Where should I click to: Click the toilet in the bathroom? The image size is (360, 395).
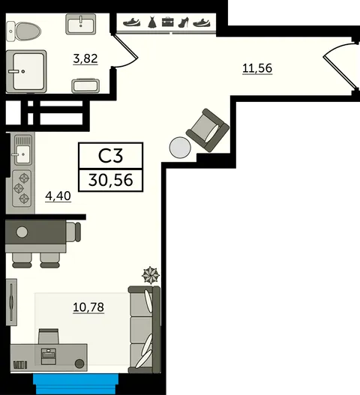pyautogui.click(x=23, y=31)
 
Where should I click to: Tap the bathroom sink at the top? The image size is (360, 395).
pyautogui.click(x=81, y=24)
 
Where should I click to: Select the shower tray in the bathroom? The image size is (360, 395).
pyautogui.click(x=26, y=71)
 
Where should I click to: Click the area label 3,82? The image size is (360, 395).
pyautogui.click(x=85, y=58)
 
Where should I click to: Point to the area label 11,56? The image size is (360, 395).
pyautogui.click(x=257, y=68)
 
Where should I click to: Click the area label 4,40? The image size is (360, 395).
pyautogui.click(x=58, y=196)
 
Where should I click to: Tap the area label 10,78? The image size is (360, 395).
pyautogui.click(x=88, y=307)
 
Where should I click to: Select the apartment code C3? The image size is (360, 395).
pyautogui.click(x=111, y=156)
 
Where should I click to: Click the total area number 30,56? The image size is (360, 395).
pyautogui.click(x=111, y=180)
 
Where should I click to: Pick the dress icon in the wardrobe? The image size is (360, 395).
pyautogui.click(x=152, y=22)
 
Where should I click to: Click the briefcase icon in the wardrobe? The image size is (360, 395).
pyautogui.click(x=168, y=22)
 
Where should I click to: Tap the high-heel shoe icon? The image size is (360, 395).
pyautogui.click(x=184, y=22)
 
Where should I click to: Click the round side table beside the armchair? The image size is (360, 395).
pyautogui.click(x=180, y=148)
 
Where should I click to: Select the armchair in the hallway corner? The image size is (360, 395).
pyautogui.click(x=208, y=130)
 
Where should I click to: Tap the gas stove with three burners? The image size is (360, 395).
pyautogui.click(x=22, y=188)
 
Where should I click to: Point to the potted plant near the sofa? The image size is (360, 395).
pyautogui.click(x=151, y=275)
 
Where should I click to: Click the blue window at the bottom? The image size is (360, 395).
pyautogui.click(x=76, y=385)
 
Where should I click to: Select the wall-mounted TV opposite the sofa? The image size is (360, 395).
pyautogui.click(x=11, y=302)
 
